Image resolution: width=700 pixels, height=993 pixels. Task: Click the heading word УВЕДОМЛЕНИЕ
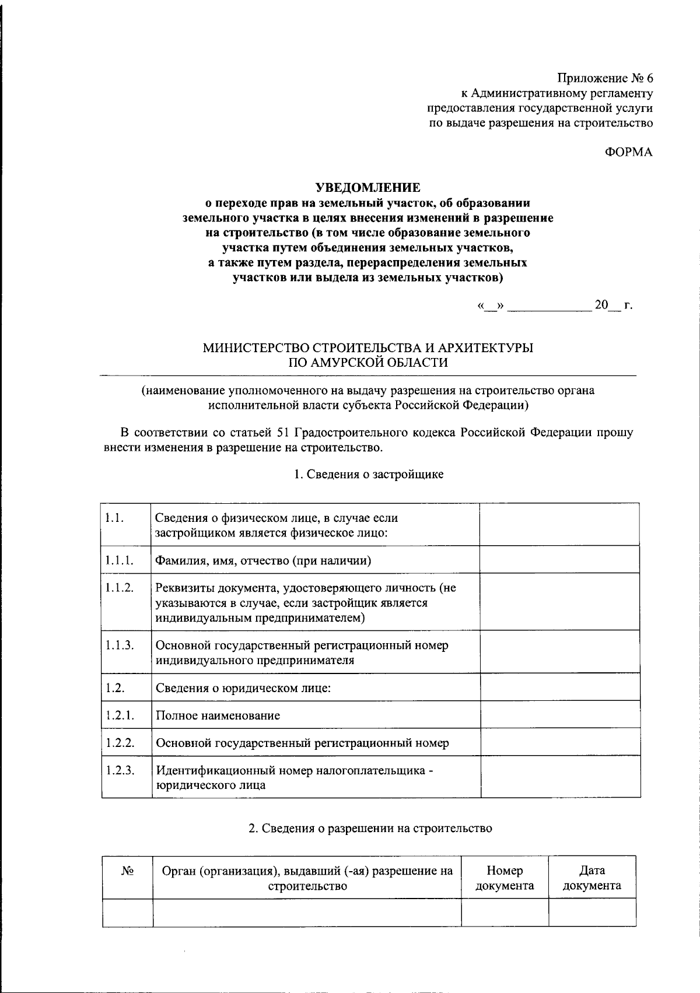coord(367,188)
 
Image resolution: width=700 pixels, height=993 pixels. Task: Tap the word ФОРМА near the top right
coord(628,152)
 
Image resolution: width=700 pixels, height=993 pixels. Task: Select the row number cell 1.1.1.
coord(120,560)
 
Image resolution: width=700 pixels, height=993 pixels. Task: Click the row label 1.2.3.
coord(120,770)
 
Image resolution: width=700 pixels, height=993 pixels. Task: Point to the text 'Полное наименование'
coord(218,715)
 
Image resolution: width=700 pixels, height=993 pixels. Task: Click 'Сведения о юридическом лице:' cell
coord(243,688)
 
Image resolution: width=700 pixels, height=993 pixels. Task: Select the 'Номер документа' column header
coord(505,878)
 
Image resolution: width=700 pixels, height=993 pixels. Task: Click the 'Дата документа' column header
coord(591,878)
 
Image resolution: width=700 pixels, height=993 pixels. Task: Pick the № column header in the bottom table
coord(128,871)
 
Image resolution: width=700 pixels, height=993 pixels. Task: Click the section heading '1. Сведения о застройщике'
coord(368,474)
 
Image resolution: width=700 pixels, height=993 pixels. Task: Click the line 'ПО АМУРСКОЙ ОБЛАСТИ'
coord(369,363)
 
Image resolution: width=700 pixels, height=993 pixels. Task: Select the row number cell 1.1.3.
coord(120,645)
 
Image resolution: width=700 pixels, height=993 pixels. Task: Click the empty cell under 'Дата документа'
coord(591,913)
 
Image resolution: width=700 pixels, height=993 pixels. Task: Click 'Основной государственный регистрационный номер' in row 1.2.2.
coord(302,743)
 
